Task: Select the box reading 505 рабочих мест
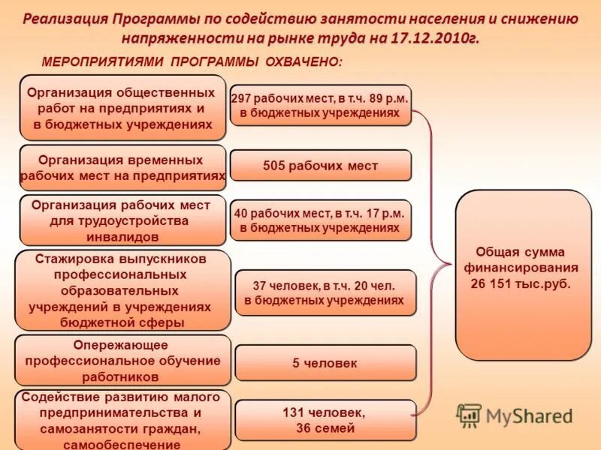click(x=321, y=166)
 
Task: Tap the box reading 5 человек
click(x=325, y=363)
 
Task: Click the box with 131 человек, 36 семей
click(x=325, y=420)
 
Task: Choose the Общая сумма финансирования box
click(x=523, y=274)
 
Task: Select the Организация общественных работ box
click(x=122, y=108)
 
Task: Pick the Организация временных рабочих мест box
click(x=122, y=168)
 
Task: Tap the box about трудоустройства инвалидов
click(x=122, y=220)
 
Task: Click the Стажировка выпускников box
click(x=122, y=290)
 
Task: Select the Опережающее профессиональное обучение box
click(x=122, y=360)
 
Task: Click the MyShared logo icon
click(x=469, y=415)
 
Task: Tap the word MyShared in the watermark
click(x=529, y=416)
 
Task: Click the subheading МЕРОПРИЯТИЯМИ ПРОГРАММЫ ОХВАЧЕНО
click(x=192, y=62)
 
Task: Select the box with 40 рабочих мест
click(x=321, y=220)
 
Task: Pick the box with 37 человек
click(x=325, y=292)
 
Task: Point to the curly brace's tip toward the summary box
click(x=451, y=262)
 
